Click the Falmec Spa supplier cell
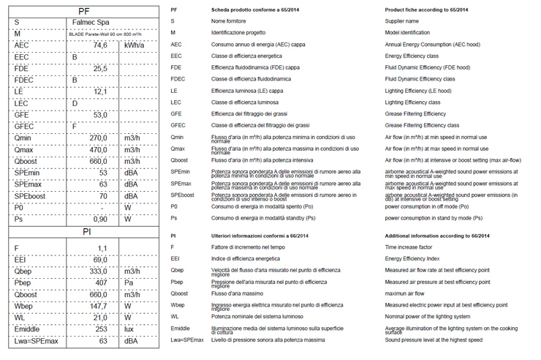click(x=84, y=22)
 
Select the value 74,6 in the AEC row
click(x=100, y=45)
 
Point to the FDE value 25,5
click(x=100, y=68)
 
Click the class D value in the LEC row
click(x=75, y=103)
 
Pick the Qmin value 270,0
click(x=98, y=138)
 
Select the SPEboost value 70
click(x=102, y=196)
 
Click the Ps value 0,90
click(x=100, y=219)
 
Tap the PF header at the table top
click(x=84, y=10)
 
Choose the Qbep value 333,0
click(x=98, y=271)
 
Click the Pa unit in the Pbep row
click(x=130, y=282)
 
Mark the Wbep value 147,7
click(x=98, y=306)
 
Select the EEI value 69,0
click(x=100, y=260)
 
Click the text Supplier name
click(x=406, y=21)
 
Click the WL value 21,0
click(x=100, y=318)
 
